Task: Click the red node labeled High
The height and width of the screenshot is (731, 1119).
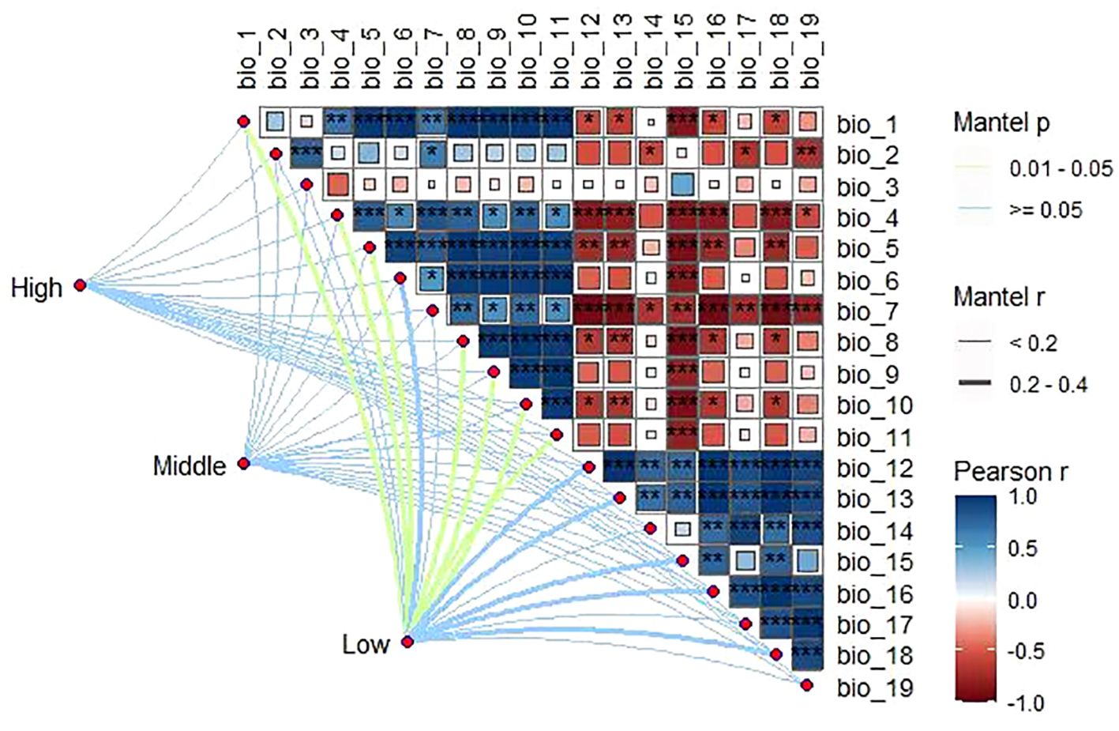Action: (80, 285)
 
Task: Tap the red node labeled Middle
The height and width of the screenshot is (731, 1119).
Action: (244, 463)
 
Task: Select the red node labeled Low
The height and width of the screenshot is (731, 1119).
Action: (407, 642)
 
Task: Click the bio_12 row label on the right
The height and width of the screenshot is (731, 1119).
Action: (874, 469)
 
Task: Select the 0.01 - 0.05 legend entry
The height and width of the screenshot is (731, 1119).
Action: (1061, 168)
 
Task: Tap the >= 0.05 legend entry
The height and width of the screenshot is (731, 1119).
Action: (1046, 210)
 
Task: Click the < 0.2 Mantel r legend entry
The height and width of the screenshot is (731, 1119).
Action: (1033, 343)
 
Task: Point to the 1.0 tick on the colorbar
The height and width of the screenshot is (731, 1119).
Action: (1023, 497)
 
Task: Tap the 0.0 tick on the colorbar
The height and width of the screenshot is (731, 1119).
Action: (1023, 601)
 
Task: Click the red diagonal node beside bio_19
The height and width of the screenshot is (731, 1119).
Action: (806, 685)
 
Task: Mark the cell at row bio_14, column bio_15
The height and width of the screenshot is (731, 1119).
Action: (683, 529)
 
